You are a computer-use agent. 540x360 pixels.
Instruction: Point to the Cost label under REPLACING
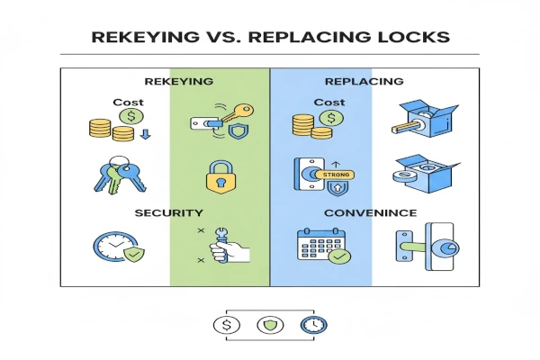point(329,103)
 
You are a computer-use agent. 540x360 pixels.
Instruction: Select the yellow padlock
point(220,175)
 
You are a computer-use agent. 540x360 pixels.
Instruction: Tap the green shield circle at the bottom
point(270,323)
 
